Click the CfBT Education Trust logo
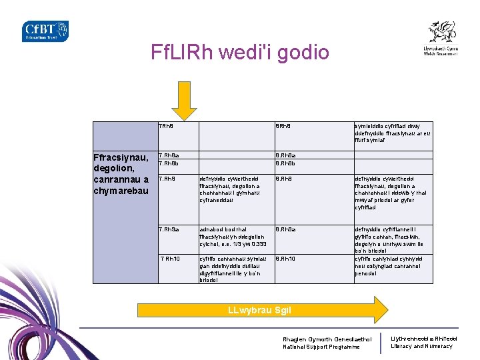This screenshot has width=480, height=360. [x=45, y=31]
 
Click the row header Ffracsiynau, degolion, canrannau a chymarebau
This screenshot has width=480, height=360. [x=123, y=175]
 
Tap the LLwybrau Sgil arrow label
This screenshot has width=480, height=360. [x=259, y=310]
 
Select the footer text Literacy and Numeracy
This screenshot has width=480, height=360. [x=421, y=346]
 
